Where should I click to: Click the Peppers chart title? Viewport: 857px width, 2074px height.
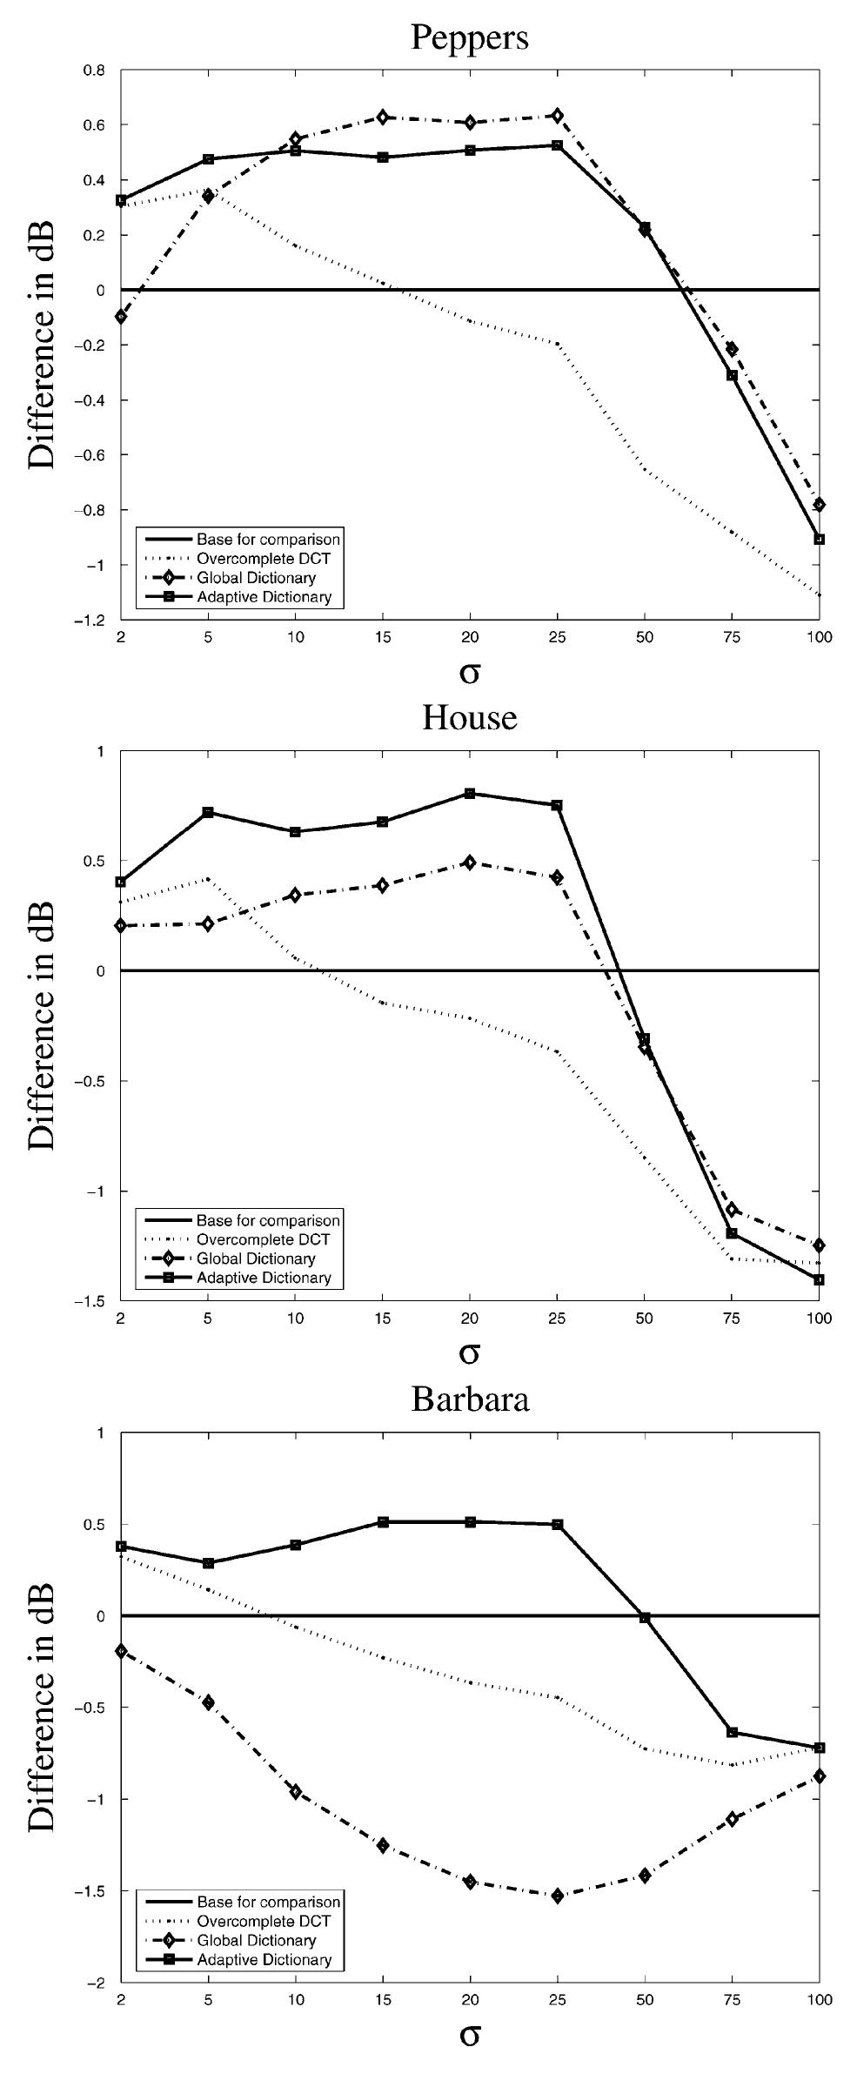[x=469, y=37]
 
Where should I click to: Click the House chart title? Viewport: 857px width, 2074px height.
[x=469, y=717]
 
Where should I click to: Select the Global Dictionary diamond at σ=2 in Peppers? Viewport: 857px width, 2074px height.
[x=121, y=317]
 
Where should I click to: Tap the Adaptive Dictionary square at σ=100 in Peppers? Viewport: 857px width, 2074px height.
[x=819, y=539]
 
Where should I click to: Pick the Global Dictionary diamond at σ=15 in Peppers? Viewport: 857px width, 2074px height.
[x=383, y=117]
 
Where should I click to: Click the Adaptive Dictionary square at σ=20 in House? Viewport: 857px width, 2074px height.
[x=470, y=794]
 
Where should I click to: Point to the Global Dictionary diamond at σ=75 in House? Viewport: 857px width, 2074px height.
[x=732, y=1209]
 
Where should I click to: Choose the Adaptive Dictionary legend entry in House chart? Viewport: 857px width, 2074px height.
[x=264, y=1278]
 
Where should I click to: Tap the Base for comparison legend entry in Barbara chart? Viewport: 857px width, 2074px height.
[x=267, y=1903]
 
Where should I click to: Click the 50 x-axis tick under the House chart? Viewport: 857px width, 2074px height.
[x=645, y=1319]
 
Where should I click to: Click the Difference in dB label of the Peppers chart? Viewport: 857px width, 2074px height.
[x=41, y=345]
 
